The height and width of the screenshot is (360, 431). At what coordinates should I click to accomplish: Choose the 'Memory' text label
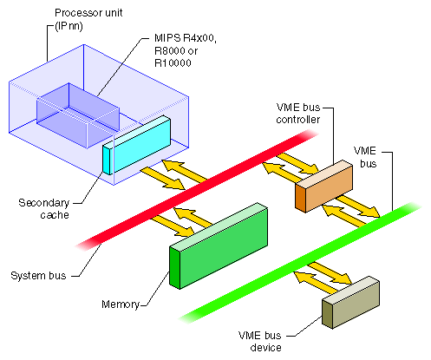(120, 304)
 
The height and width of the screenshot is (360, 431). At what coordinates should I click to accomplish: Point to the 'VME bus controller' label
(297, 112)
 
